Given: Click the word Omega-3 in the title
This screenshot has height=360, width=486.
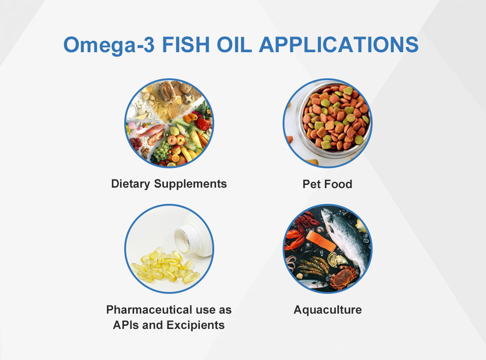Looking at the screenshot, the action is (109, 45).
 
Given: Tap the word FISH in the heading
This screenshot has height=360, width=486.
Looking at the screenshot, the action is (186, 45).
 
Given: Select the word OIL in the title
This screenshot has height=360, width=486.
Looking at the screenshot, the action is (234, 45).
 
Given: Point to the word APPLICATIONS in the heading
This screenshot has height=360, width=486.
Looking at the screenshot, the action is (338, 45).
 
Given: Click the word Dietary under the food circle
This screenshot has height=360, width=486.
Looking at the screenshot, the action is (130, 184).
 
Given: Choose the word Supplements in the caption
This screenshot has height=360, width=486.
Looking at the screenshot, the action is (190, 184).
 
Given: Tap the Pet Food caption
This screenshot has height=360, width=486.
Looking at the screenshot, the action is (327, 184).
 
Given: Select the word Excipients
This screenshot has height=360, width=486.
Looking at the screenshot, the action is (196, 325).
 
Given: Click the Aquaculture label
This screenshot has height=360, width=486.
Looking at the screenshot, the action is (328, 310).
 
